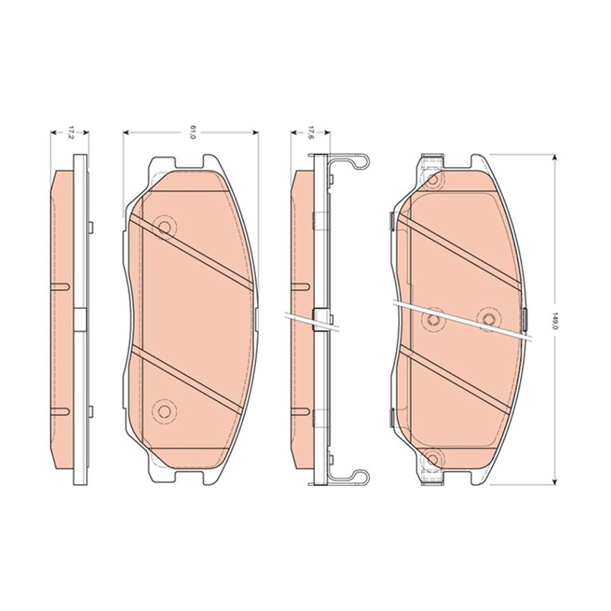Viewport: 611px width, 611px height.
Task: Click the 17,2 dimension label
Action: (x=71, y=132)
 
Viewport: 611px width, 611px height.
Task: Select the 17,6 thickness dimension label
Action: (x=310, y=132)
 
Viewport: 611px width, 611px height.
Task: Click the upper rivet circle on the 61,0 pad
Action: (x=165, y=227)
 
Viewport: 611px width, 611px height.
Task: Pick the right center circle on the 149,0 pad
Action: (x=488, y=319)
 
